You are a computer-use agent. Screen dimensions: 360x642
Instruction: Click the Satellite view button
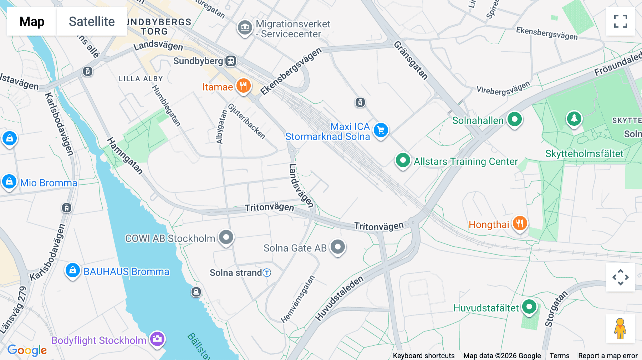pyautogui.click(x=92, y=21)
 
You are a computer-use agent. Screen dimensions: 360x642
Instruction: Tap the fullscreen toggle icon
pyautogui.click(x=620, y=21)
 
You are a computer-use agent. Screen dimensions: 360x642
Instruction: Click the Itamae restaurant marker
pyautogui.click(x=244, y=86)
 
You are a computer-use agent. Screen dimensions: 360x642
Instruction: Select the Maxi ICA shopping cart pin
pyautogui.click(x=381, y=130)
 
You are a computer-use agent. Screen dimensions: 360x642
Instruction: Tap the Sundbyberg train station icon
pyautogui.click(x=231, y=61)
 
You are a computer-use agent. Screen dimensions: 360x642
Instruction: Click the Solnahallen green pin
pyautogui.click(x=514, y=119)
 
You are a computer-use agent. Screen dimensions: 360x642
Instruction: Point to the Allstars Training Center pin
pyautogui.click(x=403, y=160)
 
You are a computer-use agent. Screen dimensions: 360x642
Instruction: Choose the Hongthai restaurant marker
pyautogui.click(x=520, y=223)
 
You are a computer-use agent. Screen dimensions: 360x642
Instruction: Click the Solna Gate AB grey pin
pyautogui.click(x=338, y=247)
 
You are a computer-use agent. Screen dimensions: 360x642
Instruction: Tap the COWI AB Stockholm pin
pyautogui.click(x=226, y=237)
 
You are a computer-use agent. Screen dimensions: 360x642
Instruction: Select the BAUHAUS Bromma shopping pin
pyautogui.click(x=72, y=270)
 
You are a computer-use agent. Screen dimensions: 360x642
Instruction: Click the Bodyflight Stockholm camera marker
pyautogui.click(x=157, y=339)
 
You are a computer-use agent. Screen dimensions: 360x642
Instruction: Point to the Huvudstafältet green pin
pyautogui.click(x=529, y=307)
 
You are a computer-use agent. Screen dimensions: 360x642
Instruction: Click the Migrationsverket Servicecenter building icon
pyautogui.click(x=245, y=27)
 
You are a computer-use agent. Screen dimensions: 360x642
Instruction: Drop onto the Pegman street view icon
pyautogui.click(x=620, y=329)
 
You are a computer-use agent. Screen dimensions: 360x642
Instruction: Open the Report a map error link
pyautogui.click(x=608, y=356)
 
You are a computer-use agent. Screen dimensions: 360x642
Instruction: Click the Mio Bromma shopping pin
pyautogui.click(x=9, y=182)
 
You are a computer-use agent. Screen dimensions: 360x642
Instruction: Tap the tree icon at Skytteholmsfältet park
pyautogui.click(x=574, y=118)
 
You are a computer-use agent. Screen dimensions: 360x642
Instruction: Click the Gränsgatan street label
pyautogui.click(x=411, y=60)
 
